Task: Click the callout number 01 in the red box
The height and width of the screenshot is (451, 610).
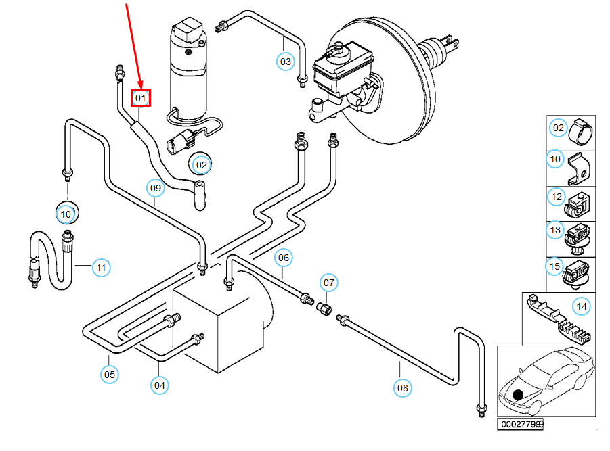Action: coord(141,98)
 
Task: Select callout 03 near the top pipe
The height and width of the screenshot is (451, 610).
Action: coord(286,62)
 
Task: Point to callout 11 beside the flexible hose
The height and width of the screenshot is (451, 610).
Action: coord(101,268)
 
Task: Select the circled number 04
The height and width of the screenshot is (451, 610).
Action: coord(159,385)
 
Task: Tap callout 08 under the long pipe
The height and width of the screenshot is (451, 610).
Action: coord(403,387)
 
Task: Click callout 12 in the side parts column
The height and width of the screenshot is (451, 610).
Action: coord(557,197)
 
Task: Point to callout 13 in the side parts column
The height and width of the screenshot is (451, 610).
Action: coord(556,231)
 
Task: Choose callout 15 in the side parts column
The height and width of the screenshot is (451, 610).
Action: coord(555,266)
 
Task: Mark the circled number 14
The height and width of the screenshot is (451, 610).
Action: coord(581,306)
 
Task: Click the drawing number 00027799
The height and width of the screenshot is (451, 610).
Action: coord(521,425)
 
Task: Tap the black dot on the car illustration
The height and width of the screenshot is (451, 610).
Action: coord(519,396)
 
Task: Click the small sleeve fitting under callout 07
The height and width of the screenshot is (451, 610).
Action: coord(324,308)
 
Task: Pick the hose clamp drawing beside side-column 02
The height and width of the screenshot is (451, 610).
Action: coord(581,131)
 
